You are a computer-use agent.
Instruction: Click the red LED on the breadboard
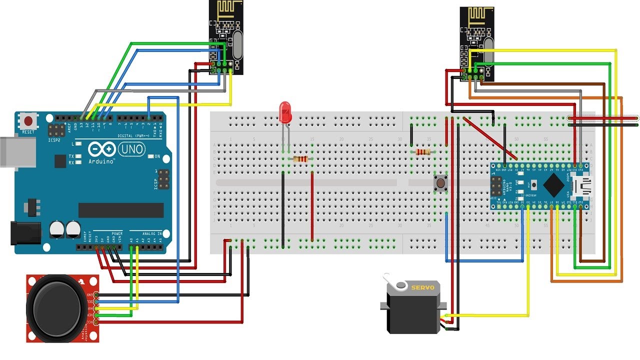pyautogui.click(x=285, y=111)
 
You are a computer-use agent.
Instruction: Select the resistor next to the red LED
pyautogui.click(x=300, y=159)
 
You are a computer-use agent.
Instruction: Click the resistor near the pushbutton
pyautogui.click(x=422, y=152)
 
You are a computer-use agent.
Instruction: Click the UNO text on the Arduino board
pyautogui.click(x=131, y=148)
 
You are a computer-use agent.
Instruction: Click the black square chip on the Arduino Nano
pyautogui.click(x=553, y=185)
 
